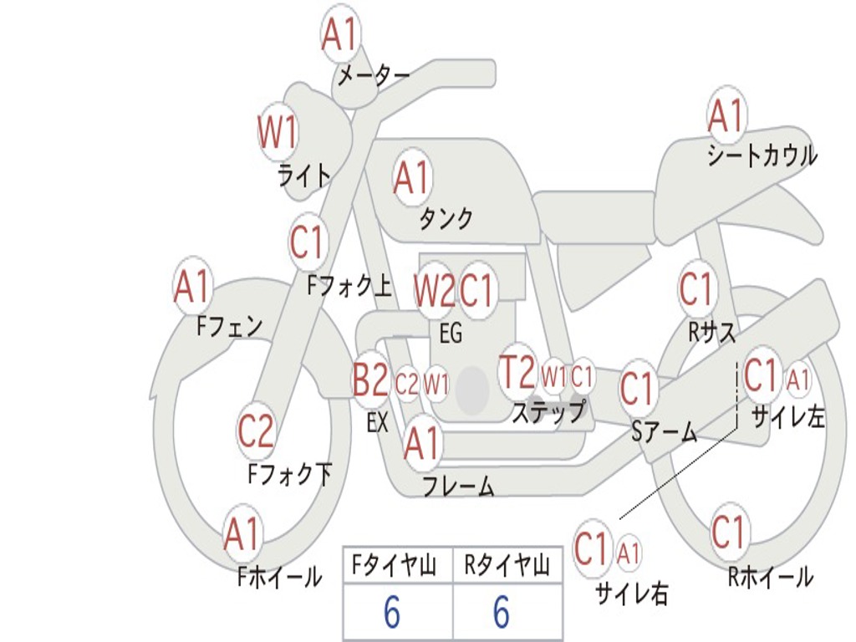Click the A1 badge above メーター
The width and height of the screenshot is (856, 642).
point(341,33)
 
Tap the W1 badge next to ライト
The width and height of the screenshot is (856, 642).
point(278,131)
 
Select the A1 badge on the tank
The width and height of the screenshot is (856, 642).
point(413,177)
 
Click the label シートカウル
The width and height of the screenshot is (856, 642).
point(762,156)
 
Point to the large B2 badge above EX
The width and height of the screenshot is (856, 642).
point(370,380)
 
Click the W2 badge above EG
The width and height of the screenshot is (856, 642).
point(435,290)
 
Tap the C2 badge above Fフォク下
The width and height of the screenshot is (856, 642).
point(256,431)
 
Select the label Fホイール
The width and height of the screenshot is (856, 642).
point(279,577)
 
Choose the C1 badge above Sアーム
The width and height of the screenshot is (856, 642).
point(637,389)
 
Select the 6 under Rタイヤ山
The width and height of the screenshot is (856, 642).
point(502,612)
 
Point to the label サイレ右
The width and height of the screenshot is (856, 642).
point(632,593)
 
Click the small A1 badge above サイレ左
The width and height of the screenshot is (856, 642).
point(798,379)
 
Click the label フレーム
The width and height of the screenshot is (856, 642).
point(458,486)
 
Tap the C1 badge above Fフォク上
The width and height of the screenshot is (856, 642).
point(308,242)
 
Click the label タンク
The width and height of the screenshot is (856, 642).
point(446,219)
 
